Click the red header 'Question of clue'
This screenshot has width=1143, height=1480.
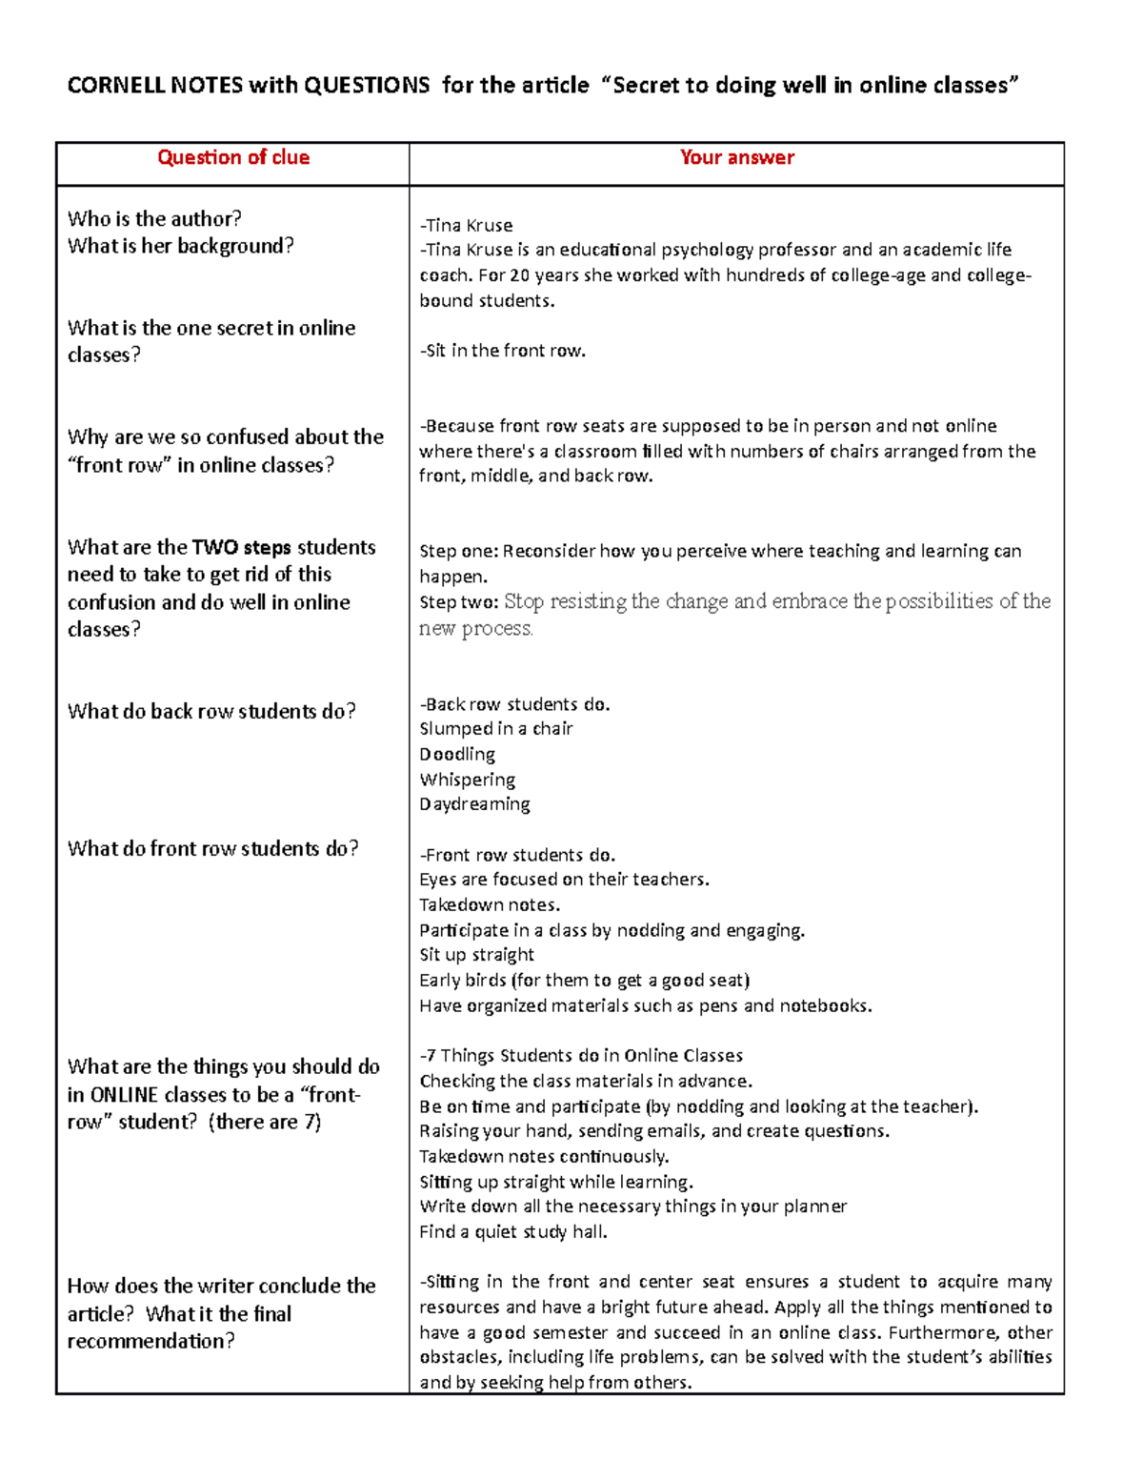click(x=233, y=158)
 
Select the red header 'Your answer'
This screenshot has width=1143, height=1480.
click(x=736, y=158)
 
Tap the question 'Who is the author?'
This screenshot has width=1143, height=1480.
click(x=154, y=219)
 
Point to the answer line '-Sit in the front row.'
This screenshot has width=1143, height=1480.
click(x=502, y=351)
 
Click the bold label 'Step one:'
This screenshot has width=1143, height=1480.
click(x=458, y=552)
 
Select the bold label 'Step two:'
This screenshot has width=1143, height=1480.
click(x=458, y=602)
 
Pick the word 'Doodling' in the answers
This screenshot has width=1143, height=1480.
click(x=457, y=755)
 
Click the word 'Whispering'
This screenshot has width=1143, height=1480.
click(x=467, y=780)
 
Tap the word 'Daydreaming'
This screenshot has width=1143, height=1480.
click(x=474, y=804)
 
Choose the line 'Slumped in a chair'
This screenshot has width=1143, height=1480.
click(x=495, y=729)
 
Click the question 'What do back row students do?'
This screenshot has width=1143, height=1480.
click(x=211, y=712)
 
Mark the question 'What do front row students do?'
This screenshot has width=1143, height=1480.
click(x=212, y=849)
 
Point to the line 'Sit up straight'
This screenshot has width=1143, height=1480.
click(x=476, y=955)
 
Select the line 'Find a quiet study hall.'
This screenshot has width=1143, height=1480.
click(x=512, y=1232)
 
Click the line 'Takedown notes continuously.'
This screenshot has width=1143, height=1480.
click(x=544, y=1157)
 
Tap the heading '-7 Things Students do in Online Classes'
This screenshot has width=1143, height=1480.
click(x=581, y=1056)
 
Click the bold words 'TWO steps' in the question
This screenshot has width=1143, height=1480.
click(x=241, y=548)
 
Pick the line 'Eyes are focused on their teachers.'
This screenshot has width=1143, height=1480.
click(x=564, y=880)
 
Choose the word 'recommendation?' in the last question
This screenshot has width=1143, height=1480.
click(x=150, y=1342)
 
